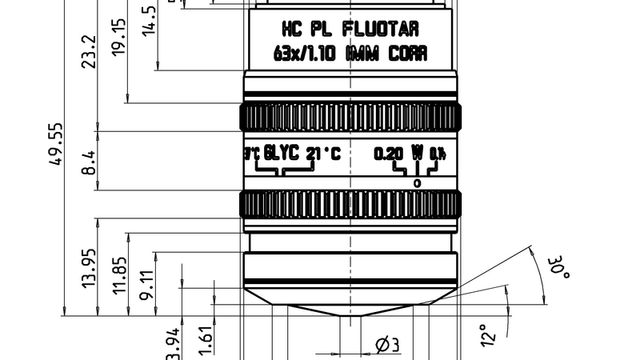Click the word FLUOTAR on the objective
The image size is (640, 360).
pyautogui.click(x=380, y=30)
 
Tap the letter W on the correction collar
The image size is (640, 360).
pyautogui.click(x=417, y=152)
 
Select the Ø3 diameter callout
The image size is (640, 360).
pyautogui.click(x=386, y=345)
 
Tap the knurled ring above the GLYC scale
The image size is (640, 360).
pyautogui.click(x=350, y=118)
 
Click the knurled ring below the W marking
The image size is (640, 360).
pyautogui.click(x=350, y=204)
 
